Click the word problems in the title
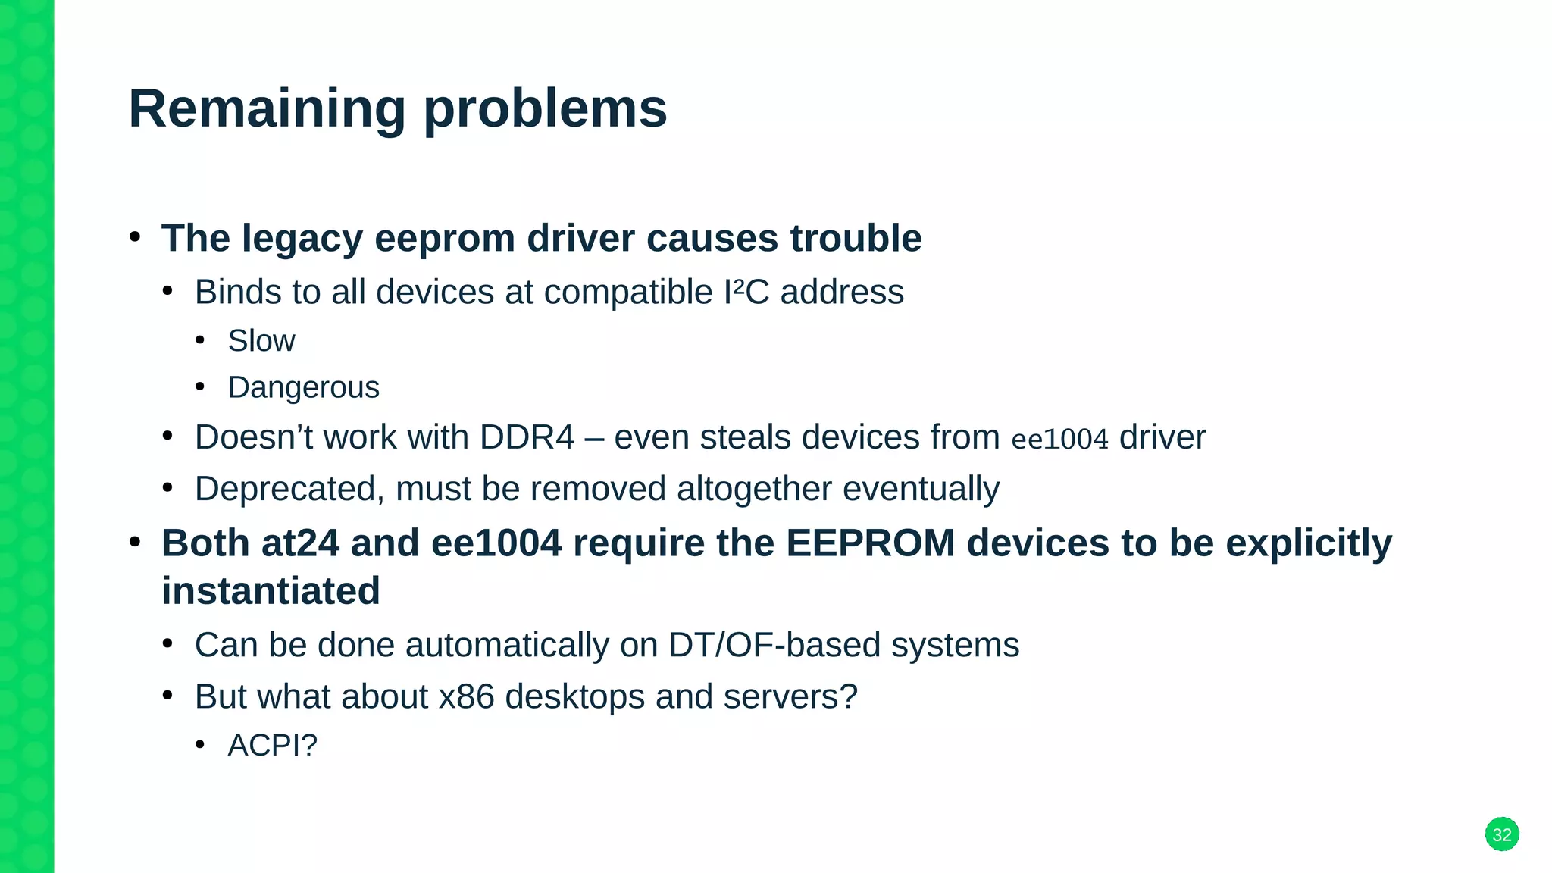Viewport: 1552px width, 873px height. (x=545, y=108)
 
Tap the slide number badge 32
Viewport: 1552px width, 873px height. (x=1501, y=834)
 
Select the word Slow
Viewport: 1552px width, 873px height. (x=261, y=341)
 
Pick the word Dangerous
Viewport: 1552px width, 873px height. (x=303, y=388)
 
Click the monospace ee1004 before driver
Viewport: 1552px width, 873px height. (x=1059, y=439)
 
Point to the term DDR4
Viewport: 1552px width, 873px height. (x=527, y=437)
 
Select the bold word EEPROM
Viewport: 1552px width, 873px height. (x=870, y=543)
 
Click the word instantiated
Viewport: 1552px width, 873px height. (x=271, y=591)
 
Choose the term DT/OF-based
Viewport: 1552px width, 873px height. (x=774, y=645)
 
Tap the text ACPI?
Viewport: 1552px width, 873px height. (x=272, y=746)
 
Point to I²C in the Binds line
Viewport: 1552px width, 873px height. (x=746, y=293)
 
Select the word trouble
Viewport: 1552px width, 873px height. (x=856, y=239)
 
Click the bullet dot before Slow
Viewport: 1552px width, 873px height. (x=200, y=340)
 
